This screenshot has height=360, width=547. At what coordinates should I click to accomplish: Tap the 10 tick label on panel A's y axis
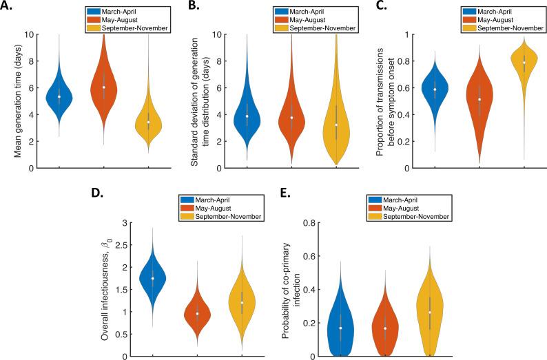pos(30,34)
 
